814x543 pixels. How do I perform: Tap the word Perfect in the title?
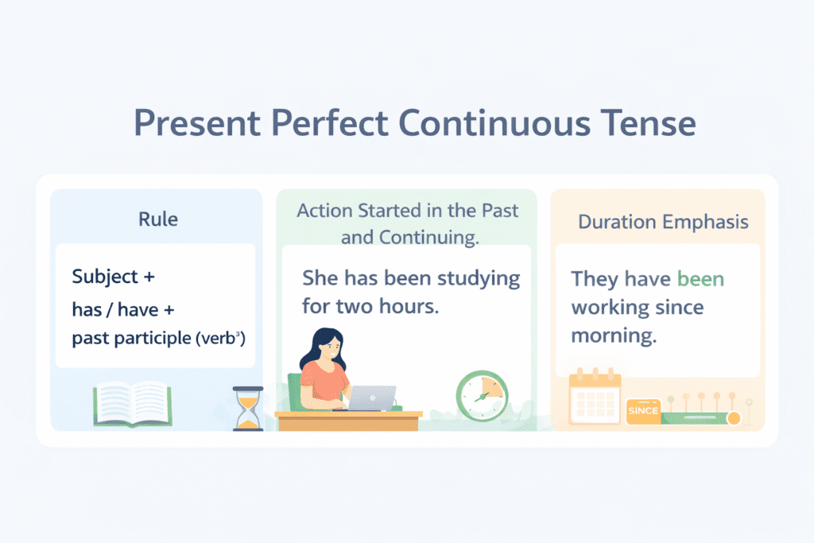pos(329,123)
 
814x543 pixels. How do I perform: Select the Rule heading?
pos(158,219)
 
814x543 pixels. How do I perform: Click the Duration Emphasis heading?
pos(663,222)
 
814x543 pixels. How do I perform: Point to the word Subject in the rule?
pos(105,277)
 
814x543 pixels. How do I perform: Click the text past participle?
pos(131,339)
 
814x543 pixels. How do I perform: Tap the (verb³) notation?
pos(220,339)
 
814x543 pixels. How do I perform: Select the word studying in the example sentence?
pos(478,279)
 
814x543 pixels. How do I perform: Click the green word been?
pos(700,279)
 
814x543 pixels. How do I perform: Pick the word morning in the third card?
pos(614,335)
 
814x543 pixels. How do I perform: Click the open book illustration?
pos(133,404)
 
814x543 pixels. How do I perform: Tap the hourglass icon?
pos(248,409)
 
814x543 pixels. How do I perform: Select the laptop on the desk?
pos(372,398)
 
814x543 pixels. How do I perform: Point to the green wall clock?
pos(482,396)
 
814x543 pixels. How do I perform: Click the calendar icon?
pos(595,397)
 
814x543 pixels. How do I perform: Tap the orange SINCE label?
pos(643,411)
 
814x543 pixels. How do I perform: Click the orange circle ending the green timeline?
pos(734,418)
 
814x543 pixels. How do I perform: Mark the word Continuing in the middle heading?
pos(428,237)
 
